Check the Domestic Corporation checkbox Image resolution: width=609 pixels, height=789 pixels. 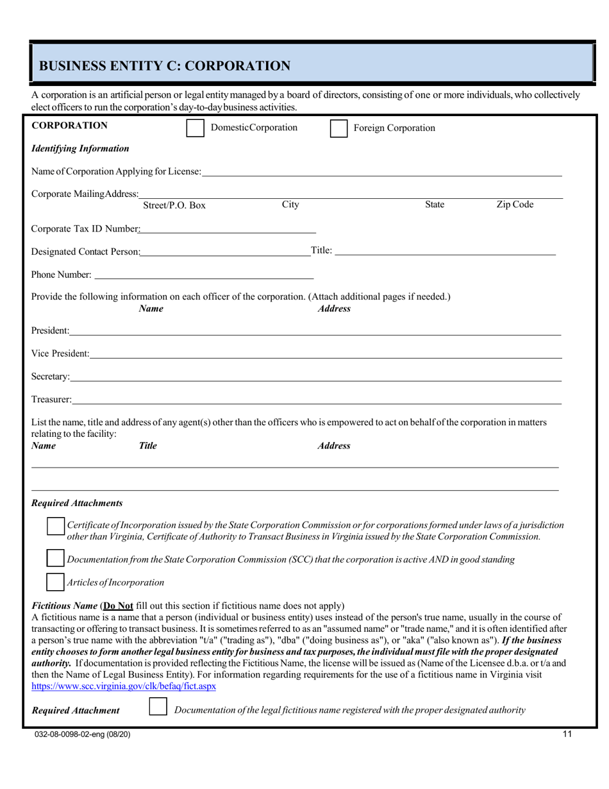195,128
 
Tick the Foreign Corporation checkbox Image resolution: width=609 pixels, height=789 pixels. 338,128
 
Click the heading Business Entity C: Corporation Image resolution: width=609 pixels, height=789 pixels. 165,66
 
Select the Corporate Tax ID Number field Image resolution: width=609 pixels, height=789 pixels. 228,228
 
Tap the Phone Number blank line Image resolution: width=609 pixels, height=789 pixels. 203,275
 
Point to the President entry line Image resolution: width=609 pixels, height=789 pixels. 315,331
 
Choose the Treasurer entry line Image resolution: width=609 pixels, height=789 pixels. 317,400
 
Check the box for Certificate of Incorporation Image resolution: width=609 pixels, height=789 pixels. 56,526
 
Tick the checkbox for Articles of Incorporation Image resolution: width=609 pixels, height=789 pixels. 56,582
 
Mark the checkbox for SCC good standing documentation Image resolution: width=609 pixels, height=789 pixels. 56,559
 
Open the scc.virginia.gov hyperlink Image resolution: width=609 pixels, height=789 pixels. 124,686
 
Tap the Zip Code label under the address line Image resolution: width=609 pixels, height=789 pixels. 515,205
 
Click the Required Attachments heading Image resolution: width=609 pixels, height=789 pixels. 77,503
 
